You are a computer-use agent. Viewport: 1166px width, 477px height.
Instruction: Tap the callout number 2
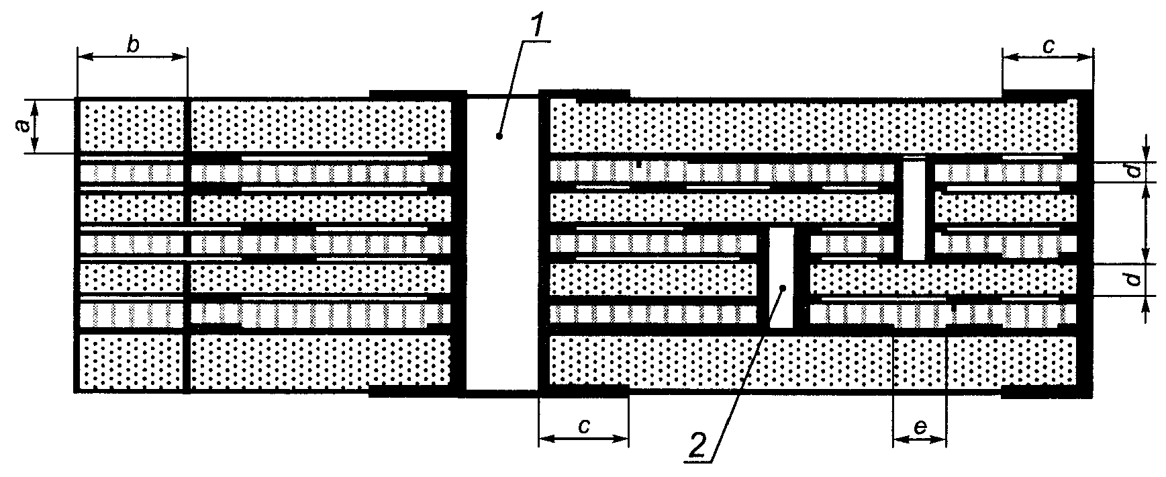click(698, 444)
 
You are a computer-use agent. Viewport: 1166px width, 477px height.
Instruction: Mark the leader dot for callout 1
click(499, 136)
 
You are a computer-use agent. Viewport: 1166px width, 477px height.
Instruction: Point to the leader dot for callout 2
click(782, 288)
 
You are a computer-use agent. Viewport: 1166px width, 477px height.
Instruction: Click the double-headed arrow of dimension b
click(132, 57)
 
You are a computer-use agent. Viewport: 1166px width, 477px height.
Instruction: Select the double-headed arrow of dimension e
click(920, 440)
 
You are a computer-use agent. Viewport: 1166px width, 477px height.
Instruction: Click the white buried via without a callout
click(913, 210)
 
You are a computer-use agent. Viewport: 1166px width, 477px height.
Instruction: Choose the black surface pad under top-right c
click(1048, 93)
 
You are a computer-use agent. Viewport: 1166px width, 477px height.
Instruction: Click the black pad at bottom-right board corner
click(1048, 392)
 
